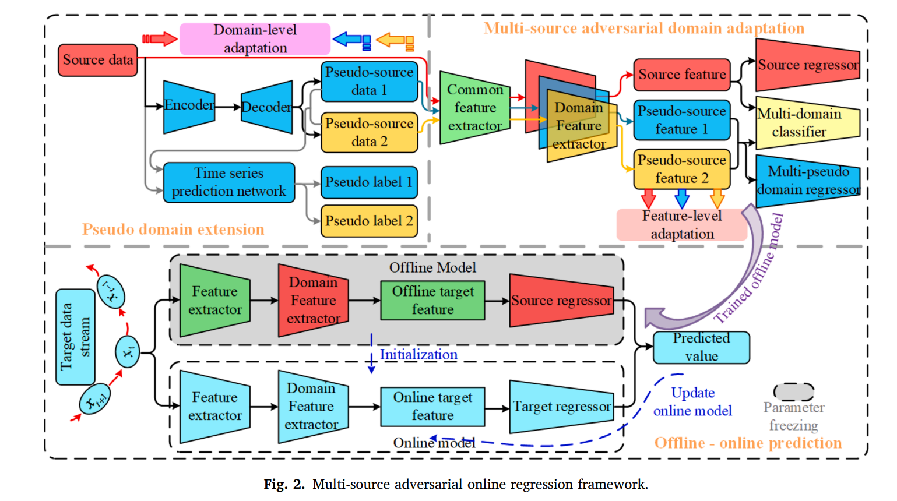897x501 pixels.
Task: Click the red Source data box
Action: coord(97,60)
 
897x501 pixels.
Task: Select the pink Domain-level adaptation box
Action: coord(255,39)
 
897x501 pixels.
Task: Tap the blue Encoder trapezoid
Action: coord(189,106)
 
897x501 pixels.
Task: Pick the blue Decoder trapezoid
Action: coord(266,107)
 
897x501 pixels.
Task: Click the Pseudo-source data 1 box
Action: coord(369,82)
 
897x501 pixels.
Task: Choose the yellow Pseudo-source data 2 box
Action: coord(369,132)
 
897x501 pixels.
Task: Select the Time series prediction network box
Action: coord(228,182)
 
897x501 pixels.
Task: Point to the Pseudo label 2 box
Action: coord(369,221)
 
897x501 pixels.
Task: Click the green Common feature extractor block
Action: coord(474,108)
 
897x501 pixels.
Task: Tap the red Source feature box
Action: coord(681,75)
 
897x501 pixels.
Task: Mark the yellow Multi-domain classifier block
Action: coord(807,123)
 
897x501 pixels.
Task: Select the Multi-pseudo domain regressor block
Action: coord(808,180)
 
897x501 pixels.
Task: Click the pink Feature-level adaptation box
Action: coord(681,225)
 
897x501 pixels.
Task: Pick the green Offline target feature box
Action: coord(432,301)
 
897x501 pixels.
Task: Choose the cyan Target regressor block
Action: coord(561,407)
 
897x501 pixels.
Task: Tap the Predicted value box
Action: coord(701,347)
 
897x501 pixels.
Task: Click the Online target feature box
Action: coord(432,407)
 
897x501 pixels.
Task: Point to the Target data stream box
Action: coord(75,337)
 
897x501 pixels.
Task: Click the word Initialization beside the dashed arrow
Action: coord(418,355)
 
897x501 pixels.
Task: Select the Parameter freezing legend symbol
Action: coord(793,391)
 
